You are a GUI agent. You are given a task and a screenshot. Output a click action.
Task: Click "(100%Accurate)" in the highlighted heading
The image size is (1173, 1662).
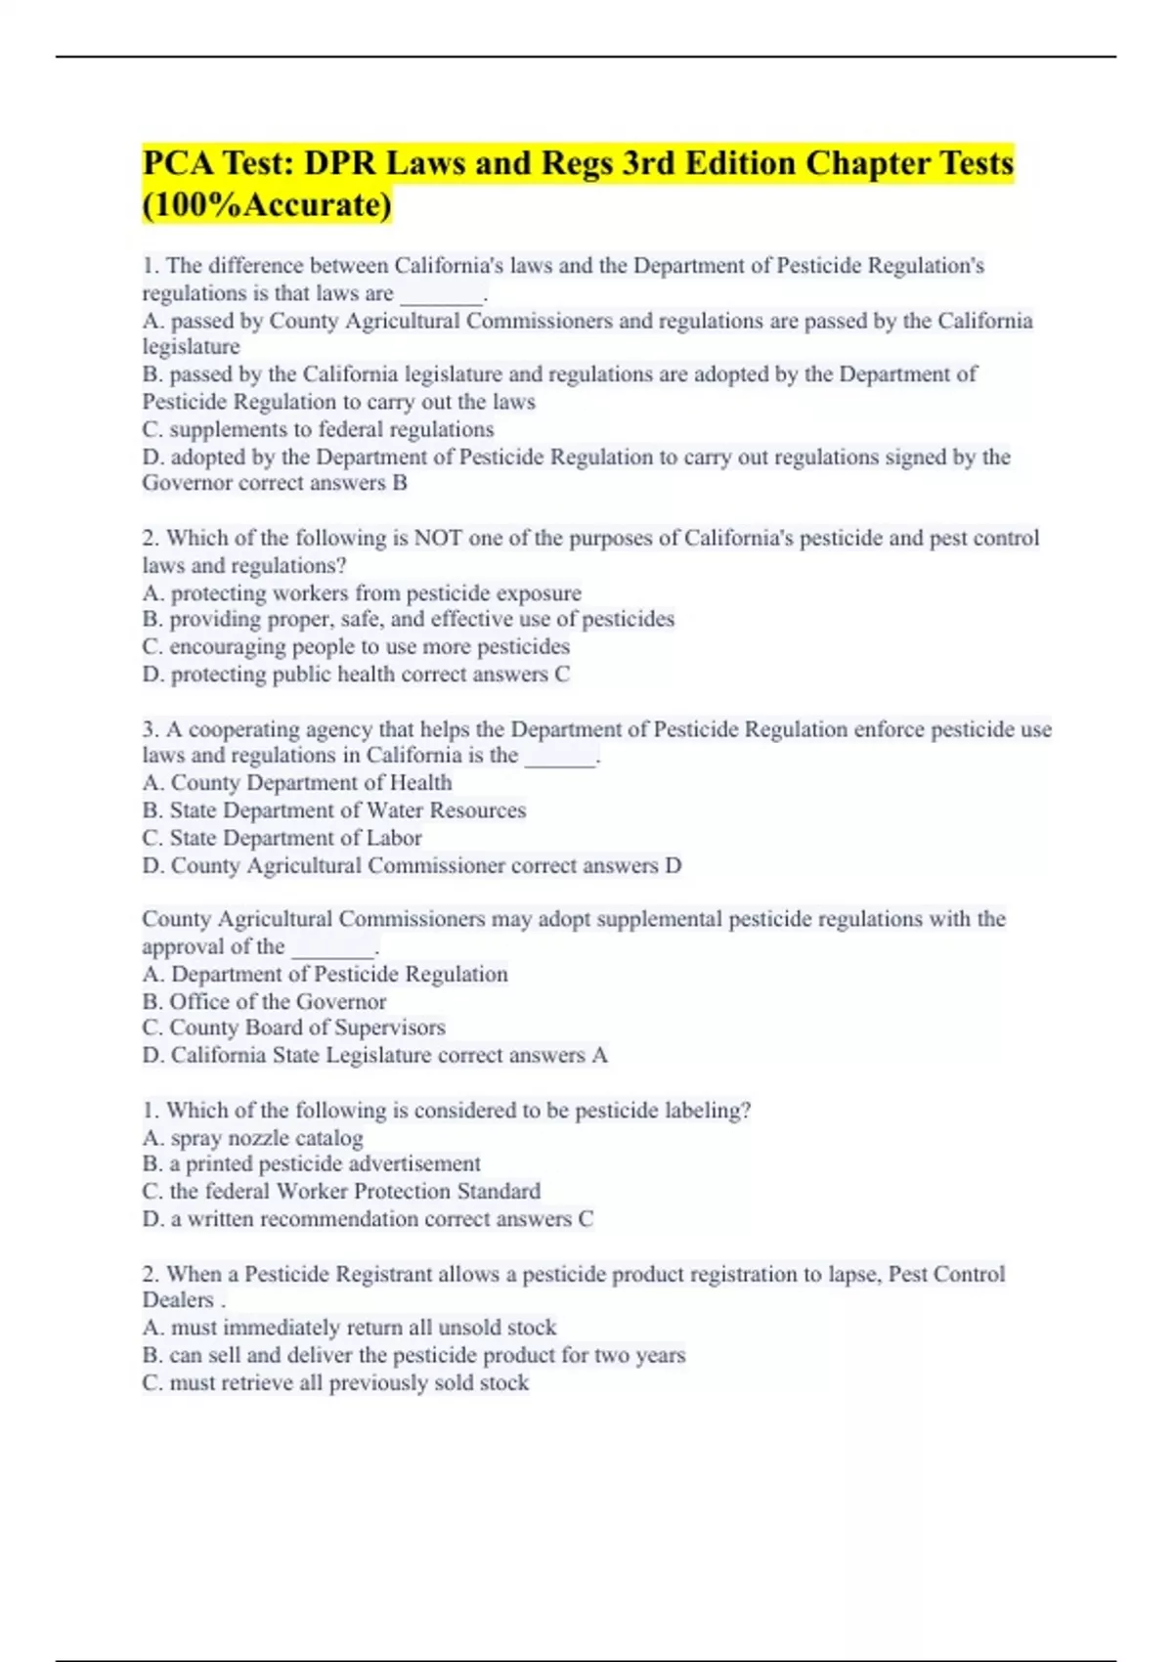point(267,205)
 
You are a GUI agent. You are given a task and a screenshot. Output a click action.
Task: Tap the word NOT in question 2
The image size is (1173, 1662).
point(438,538)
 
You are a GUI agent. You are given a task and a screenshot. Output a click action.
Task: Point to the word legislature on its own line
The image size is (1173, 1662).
point(191,347)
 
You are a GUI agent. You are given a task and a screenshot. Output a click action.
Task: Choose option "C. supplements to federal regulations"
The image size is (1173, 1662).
point(318,429)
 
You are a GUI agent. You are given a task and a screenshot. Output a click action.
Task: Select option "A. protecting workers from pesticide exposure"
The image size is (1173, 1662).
point(362,593)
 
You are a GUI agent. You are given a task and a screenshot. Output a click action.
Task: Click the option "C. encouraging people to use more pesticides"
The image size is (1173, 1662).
point(356,647)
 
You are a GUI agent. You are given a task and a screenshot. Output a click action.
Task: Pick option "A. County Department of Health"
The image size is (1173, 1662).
point(297,783)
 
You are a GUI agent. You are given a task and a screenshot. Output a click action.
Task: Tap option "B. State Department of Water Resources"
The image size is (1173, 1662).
point(333,810)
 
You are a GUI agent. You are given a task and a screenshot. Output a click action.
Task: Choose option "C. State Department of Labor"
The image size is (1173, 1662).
point(282,838)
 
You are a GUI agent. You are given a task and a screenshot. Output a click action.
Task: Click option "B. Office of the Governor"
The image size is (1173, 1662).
point(264,1002)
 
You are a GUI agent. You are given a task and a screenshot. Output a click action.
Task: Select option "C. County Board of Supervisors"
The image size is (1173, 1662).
point(293,1028)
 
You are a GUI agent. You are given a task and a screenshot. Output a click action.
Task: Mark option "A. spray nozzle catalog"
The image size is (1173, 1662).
point(252,1138)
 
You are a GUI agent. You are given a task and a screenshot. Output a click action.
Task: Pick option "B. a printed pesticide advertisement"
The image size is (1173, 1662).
point(311,1164)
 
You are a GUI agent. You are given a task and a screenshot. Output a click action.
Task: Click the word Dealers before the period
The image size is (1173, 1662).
point(178,1300)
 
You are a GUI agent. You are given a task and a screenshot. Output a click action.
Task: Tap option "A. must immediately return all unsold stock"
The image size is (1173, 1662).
point(349,1328)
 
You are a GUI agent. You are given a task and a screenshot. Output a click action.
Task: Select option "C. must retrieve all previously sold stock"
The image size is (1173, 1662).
point(335,1383)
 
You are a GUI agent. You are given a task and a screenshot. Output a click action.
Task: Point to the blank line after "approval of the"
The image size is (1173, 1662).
point(333,948)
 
